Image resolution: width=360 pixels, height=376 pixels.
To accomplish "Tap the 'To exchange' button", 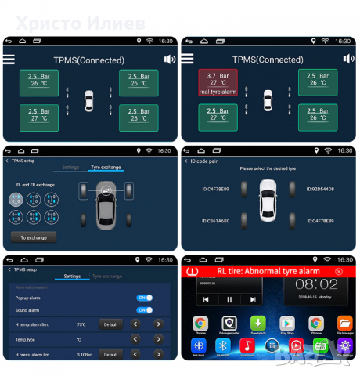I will pyautogui.click(x=32, y=237).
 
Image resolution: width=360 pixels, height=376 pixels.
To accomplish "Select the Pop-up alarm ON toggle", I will pyautogui.click(x=145, y=298).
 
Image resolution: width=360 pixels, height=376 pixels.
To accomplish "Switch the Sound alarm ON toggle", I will pyautogui.click(x=145, y=310).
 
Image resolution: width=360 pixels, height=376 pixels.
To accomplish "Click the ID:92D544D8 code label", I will pyautogui.click(x=321, y=190).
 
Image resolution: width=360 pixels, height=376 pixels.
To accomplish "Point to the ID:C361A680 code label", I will pyautogui.click(x=216, y=220).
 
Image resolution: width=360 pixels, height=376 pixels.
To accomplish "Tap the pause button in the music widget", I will pyautogui.click(x=229, y=298).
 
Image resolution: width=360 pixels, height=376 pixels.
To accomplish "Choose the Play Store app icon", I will pyautogui.click(x=287, y=323).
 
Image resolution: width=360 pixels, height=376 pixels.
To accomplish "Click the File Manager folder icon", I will pyautogui.click(x=345, y=323).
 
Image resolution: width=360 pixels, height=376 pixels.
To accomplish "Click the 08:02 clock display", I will pyautogui.click(x=316, y=284).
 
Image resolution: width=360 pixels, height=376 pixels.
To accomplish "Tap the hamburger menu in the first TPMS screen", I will pyautogui.click(x=9, y=59).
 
